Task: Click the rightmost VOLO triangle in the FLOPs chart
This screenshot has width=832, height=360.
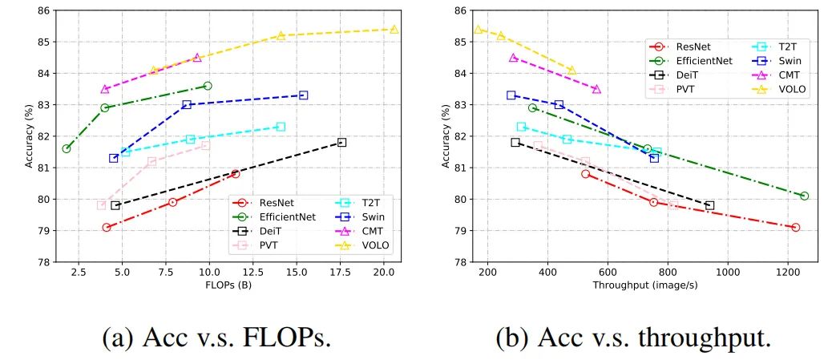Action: coord(394,30)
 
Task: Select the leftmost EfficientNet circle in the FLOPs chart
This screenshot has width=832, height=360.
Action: coord(67,148)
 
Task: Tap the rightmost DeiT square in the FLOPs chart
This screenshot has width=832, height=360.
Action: coord(341,142)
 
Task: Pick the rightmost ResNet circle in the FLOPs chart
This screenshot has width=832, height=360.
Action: coord(236,173)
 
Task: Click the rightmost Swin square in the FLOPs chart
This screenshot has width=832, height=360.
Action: coord(303,95)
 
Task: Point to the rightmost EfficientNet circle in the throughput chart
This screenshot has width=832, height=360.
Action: coord(804,196)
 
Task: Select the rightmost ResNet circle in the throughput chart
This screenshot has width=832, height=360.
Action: coord(795,227)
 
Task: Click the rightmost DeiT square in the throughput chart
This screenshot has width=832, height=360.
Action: coord(709,205)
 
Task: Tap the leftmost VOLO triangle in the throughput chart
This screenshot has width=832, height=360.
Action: coord(479,30)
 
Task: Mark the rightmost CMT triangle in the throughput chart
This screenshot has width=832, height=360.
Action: coord(596,89)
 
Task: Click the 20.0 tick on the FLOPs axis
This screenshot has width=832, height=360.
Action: coord(384,273)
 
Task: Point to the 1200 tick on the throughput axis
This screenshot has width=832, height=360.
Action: coord(788,273)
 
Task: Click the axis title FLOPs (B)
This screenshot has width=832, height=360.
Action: coord(226,285)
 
